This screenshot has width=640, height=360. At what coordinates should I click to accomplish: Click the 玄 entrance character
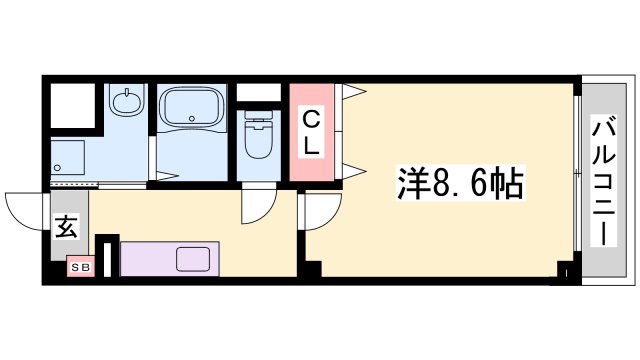tap(66, 227)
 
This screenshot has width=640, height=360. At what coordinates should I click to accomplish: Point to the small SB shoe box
tap(79, 267)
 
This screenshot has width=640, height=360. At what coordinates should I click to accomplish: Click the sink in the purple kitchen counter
tap(194, 259)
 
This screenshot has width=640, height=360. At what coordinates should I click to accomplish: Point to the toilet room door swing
tap(255, 208)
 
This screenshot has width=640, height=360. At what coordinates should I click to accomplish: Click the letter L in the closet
tap(312, 145)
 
